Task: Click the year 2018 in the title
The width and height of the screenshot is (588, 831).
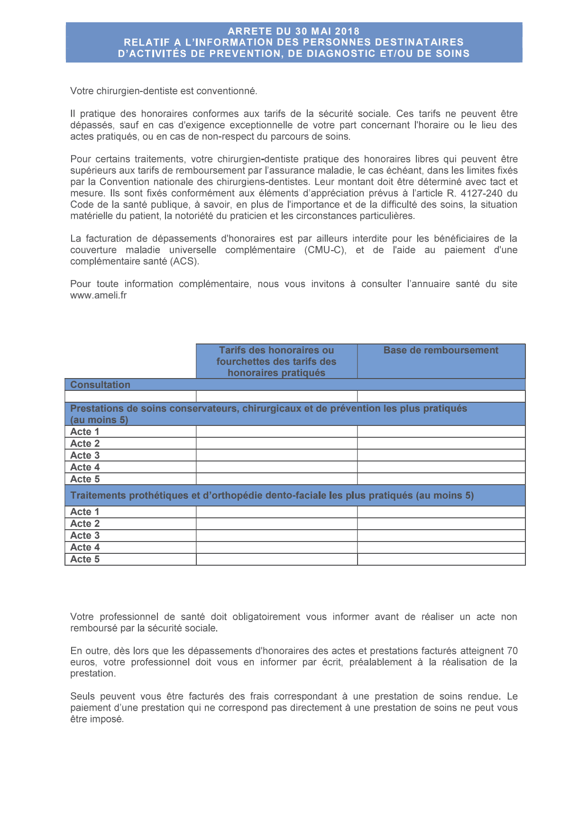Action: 347,31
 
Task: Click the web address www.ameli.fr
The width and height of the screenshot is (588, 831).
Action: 98,296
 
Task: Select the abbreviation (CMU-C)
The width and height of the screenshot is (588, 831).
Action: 325,250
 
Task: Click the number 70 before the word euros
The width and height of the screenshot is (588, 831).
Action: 512,651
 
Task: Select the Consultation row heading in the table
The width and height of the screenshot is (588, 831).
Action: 100,385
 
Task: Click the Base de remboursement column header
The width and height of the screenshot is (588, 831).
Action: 441,351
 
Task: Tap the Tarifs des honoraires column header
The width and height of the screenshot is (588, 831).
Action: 276,361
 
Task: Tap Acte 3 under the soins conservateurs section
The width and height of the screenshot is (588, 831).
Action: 85,455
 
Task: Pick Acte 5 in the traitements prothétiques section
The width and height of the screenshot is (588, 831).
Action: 85,559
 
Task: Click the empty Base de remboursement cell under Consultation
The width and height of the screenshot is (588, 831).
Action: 441,396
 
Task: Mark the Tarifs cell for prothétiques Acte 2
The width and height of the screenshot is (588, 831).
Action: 276,524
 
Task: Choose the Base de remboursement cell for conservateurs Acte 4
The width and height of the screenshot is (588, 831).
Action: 441,467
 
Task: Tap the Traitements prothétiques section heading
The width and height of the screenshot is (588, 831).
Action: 272,496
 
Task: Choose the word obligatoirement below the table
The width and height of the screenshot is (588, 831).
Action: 263,617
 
